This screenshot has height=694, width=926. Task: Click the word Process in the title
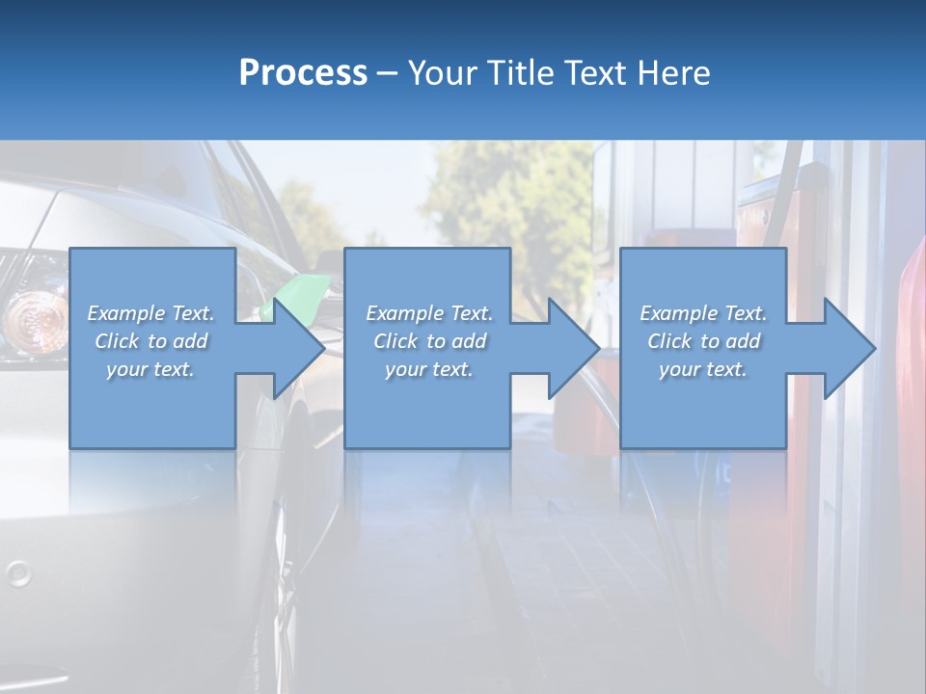(x=303, y=73)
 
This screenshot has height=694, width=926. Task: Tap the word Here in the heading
(x=674, y=73)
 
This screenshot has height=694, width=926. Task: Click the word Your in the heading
(x=442, y=73)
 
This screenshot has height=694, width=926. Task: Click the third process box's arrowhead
(x=848, y=348)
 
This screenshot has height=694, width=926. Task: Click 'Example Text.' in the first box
(x=151, y=313)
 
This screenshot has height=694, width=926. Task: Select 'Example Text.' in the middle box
(x=429, y=313)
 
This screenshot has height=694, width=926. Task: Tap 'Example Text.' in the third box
(x=703, y=313)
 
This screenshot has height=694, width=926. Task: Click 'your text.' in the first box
(x=150, y=369)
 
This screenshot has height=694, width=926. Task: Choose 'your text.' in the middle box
(x=429, y=369)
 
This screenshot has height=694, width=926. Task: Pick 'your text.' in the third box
(x=703, y=369)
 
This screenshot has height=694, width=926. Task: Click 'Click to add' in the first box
(x=151, y=341)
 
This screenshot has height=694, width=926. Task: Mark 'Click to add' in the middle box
(x=429, y=341)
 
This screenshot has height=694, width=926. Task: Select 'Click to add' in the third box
(x=703, y=341)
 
